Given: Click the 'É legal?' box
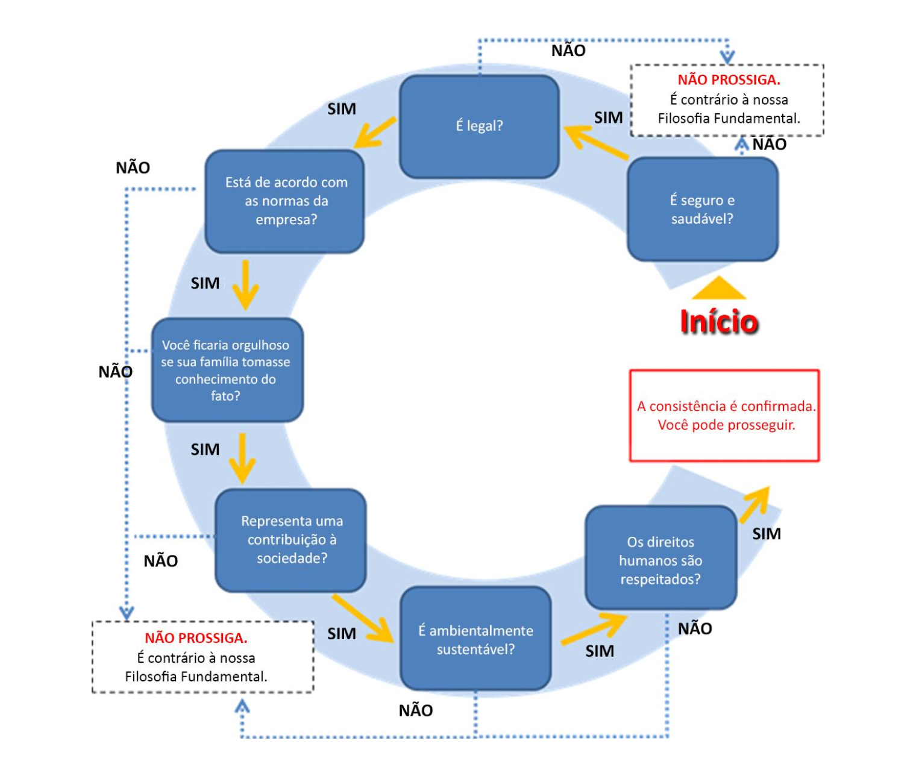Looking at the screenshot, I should [479, 127].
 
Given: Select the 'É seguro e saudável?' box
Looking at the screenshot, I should [703, 209].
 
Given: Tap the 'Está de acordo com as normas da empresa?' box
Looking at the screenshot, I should [284, 201].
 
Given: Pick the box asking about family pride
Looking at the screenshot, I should [227, 370].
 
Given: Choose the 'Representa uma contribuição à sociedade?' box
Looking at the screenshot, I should [291, 540].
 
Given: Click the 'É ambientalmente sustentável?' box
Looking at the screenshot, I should [475, 639].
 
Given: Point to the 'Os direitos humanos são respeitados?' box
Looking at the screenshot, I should [660, 559].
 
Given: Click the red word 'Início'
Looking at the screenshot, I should [719, 322].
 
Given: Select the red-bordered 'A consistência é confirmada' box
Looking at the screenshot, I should [724, 416].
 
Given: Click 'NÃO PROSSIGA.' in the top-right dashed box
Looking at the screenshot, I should [729, 80].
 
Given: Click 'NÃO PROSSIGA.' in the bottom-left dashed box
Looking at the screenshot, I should [196, 638].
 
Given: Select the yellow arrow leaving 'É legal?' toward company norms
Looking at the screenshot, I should [375, 133].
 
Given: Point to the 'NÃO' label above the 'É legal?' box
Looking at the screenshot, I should [568, 51].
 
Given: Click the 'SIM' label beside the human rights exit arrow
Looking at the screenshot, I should [767, 534].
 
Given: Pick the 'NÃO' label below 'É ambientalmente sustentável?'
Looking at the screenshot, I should [416, 711].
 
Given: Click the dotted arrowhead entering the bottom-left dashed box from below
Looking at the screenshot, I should [242, 707].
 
